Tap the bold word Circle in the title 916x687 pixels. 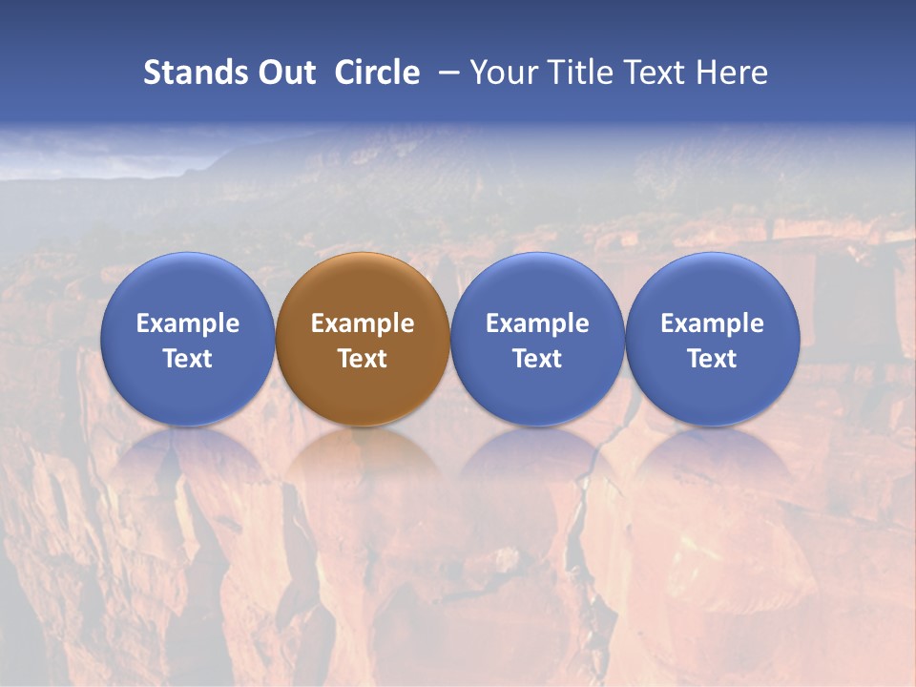click(x=377, y=73)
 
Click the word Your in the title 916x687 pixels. click(x=501, y=73)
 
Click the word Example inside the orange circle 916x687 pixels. click(x=363, y=323)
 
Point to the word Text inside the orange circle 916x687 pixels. click(x=363, y=359)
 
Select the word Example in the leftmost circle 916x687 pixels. click(x=187, y=323)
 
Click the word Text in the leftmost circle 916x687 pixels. click(x=187, y=359)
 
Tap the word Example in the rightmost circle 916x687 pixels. click(x=713, y=323)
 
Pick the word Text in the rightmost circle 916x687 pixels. click(x=713, y=359)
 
